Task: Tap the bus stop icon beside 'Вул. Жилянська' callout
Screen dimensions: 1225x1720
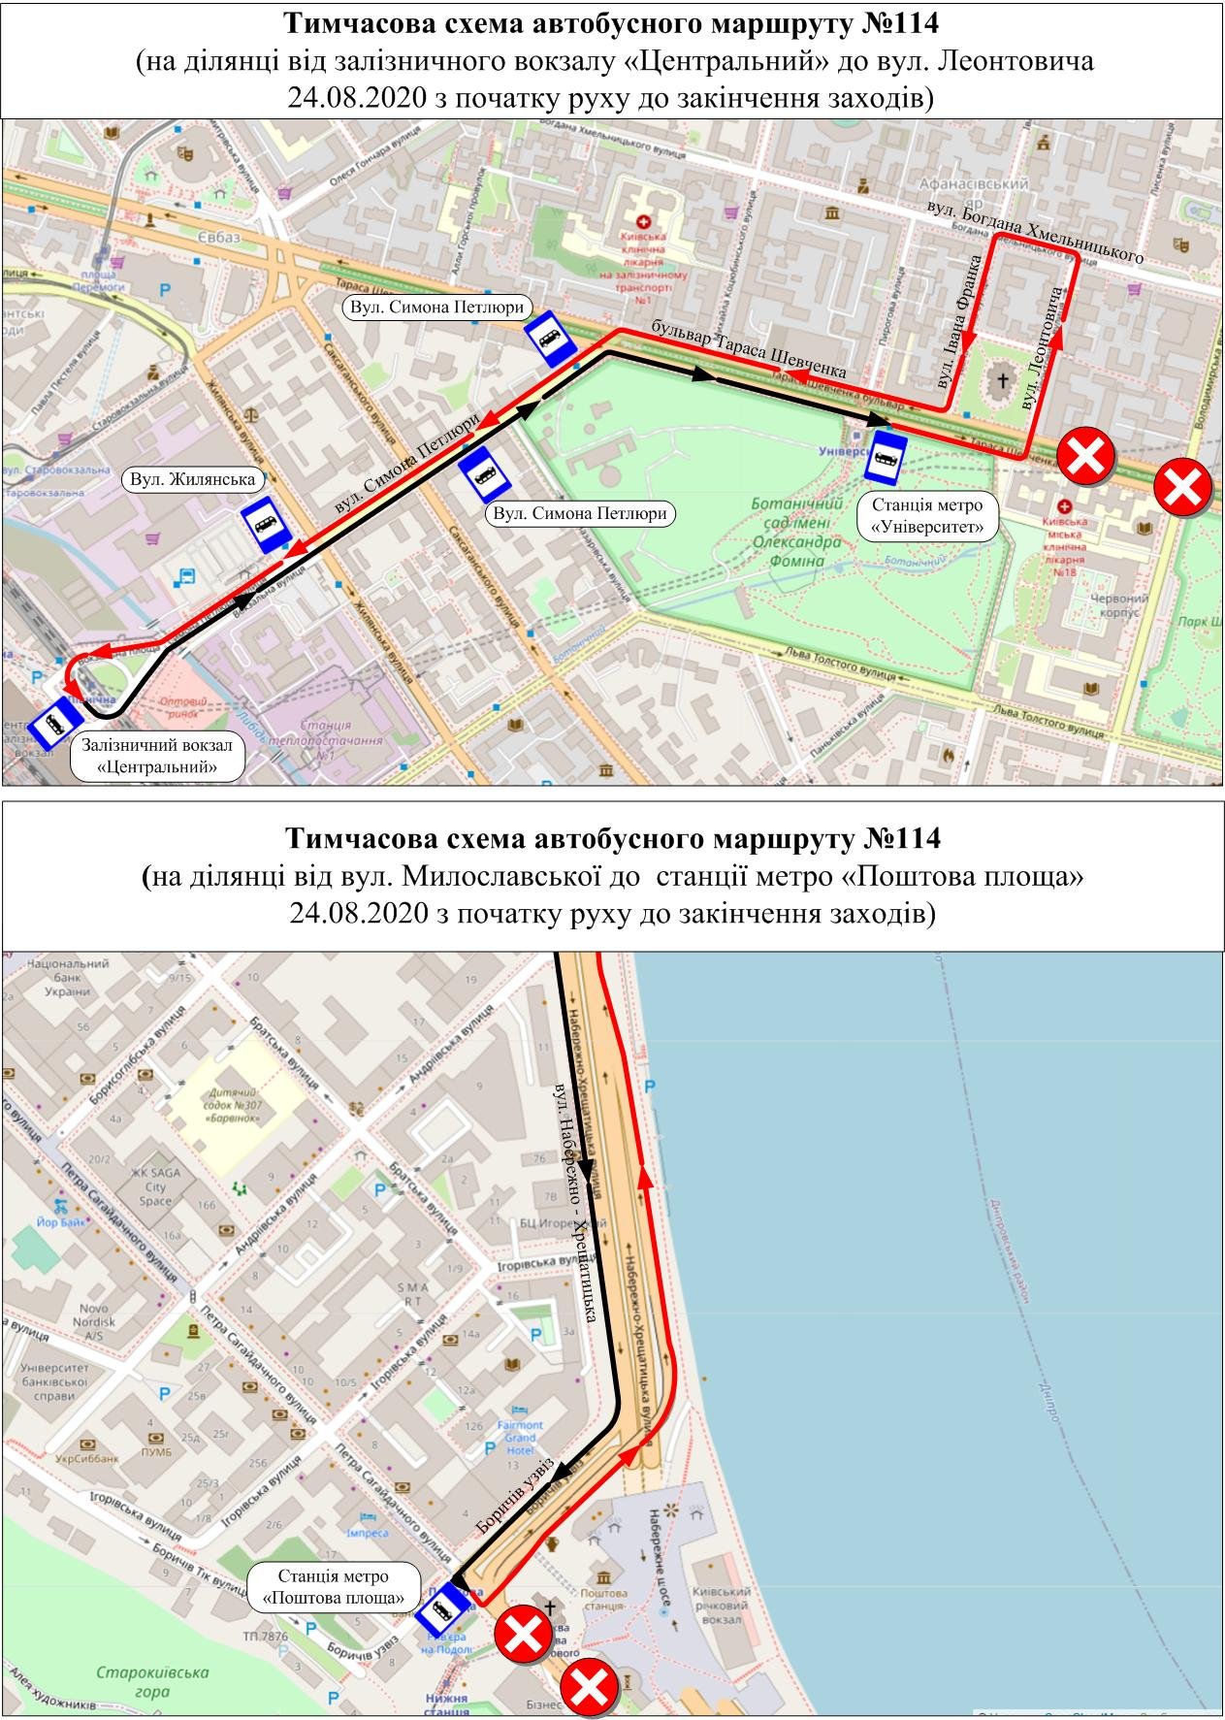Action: [x=266, y=524]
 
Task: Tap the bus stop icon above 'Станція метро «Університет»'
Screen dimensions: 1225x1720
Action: [x=886, y=457]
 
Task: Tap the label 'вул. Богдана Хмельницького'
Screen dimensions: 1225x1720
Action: [x=1035, y=233]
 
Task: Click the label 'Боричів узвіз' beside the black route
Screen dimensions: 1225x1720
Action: [x=514, y=1495]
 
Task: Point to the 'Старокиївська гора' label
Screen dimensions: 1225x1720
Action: [x=134, y=1681]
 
